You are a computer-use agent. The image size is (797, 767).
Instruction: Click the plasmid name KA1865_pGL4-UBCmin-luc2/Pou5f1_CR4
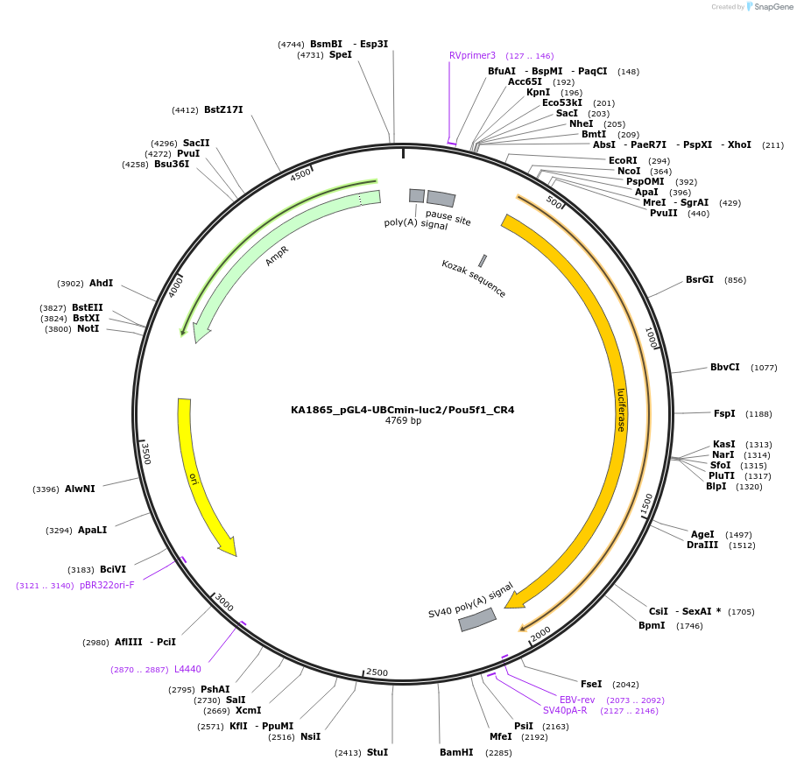click(x=402, y=410)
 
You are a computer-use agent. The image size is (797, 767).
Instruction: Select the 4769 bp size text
click(x=403, y=421)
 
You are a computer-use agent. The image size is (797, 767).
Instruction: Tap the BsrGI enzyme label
click(x=700, y=280)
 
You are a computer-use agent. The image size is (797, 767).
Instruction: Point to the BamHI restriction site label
click(x=456, y=752)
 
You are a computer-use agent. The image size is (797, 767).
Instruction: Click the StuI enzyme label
click(x=377, y=752)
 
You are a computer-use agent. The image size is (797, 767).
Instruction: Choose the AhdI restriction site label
click(x=102, y=284)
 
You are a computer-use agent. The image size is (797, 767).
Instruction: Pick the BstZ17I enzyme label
click(x=223, y=110)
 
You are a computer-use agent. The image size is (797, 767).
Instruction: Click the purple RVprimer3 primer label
click(x=472, y=55)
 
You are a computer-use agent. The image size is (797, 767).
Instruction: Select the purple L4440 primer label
click(x=187, y=670)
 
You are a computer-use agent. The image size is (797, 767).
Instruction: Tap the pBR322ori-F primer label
click(x=107, y=585)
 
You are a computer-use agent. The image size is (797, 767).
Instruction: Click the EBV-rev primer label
click(x=577, y=700)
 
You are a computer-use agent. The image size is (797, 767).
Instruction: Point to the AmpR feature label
click(x=278, y=256)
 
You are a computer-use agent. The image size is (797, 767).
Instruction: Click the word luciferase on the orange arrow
click(x=621, y=410)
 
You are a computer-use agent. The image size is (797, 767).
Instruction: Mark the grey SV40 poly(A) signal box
click(x=477, y=620)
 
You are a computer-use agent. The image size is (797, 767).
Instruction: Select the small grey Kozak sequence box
click(x=483, y=260)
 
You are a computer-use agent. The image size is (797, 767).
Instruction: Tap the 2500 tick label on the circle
click(x=377, y=672)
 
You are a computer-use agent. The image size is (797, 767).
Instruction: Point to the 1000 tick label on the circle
click(x=651, y=339)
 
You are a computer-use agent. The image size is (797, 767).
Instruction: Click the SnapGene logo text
click(x=769, y=7)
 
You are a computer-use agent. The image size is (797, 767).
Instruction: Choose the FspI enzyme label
click(x=724, y=413)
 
